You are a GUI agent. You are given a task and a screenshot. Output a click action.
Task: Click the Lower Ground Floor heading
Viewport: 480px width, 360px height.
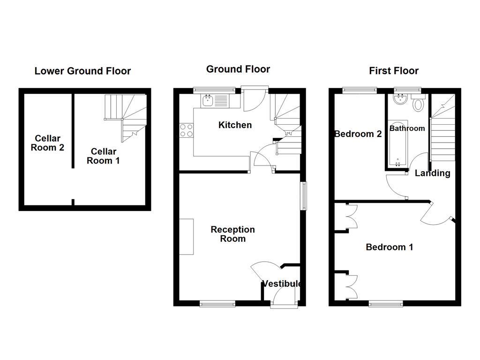pyautogui.click(x=82, y=71)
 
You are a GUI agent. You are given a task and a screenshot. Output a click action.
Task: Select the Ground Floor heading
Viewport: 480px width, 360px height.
pyautogui.click(x=238, y=69)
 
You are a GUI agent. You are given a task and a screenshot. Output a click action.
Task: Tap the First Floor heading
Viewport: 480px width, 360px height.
pyautogui.click(x=394, y=71)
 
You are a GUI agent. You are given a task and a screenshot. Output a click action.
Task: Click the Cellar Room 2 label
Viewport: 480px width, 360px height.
pyautogui.click(x=47, y=143)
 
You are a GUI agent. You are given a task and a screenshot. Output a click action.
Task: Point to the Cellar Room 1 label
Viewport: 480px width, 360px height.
pyautogui.click(x=103, y=156)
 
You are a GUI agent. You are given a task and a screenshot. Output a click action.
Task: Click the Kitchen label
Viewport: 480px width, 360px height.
pyautogui.click(x=235, y=125)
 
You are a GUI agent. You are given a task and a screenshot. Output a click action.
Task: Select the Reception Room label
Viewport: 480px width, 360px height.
pyautogui.click(x=232, y=234)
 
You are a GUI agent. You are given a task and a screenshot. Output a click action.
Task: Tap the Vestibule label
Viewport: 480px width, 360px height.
pyautogui.click(x=281, y=284)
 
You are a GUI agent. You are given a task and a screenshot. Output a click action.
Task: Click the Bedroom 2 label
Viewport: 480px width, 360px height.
pyautogui.click(x=358, y=134)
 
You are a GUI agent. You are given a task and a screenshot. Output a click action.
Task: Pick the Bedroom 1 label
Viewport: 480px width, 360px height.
pyautogui.click(x=389, y=247)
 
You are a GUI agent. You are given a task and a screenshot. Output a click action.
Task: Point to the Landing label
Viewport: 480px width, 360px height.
pyautogui.click(x=432, y=173)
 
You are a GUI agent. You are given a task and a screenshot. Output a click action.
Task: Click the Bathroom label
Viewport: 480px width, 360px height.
pyautogui.click(x=407, y=128)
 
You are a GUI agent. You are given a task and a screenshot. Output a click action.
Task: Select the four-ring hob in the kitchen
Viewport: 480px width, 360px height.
pyautogui.click(x=187, y=130)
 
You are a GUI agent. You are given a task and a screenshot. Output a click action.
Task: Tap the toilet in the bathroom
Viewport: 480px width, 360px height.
pyautogui.click(x=418, y=104)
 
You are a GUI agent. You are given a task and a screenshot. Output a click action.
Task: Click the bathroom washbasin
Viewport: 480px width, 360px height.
pyautogui.click(x=399, y=99)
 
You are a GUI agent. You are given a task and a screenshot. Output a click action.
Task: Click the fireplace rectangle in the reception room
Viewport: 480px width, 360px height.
pyautogui.click(x=187, y=237)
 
